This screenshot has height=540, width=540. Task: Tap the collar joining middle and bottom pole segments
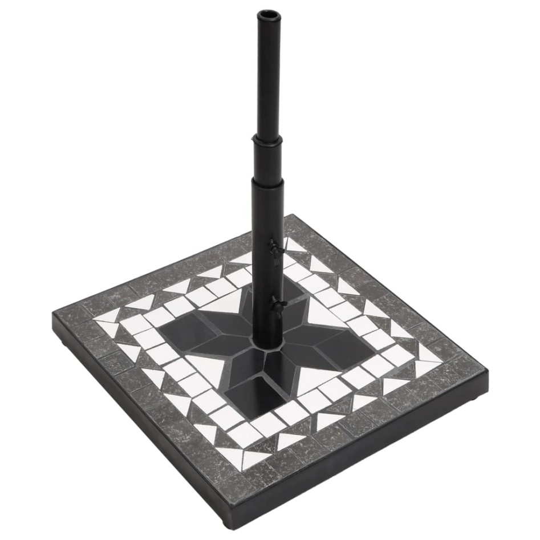point(267,181)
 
